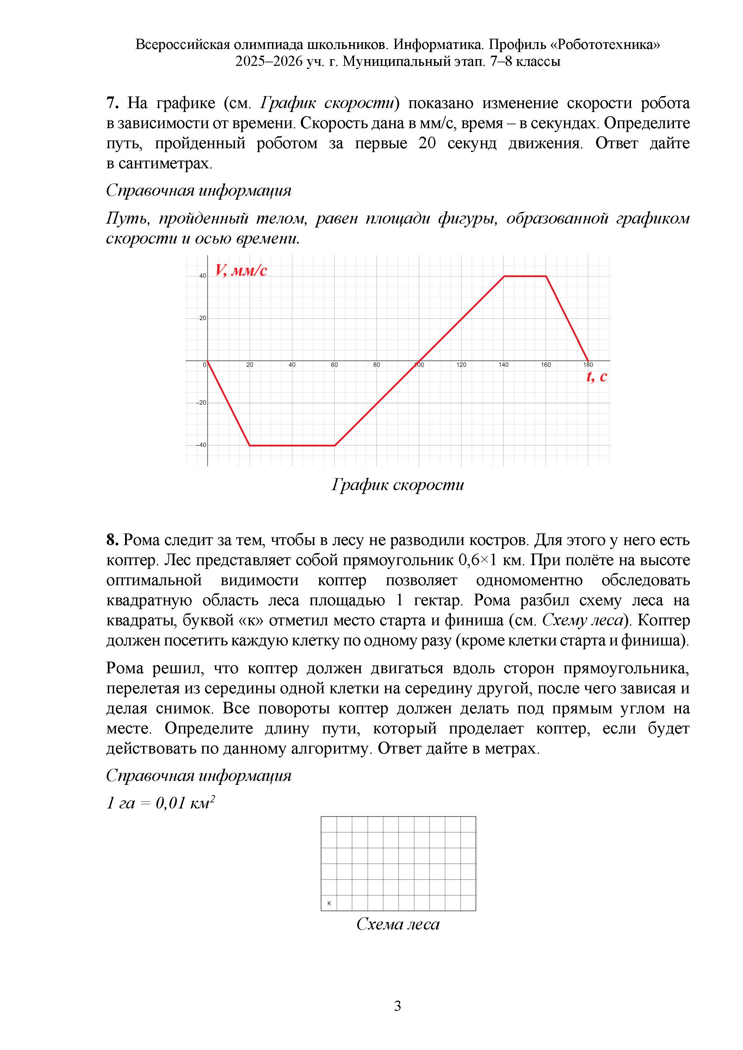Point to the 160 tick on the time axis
tap(546, 365)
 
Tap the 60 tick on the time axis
tap(334, 365)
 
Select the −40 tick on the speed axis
tap(201, 445)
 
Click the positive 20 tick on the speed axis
tap(203, 318)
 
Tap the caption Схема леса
tap(398, 924)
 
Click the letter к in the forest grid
tap(329, 903)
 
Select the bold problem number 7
tap(112, 104)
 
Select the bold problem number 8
tap(112, 540)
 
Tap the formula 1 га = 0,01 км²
tap(161, 802)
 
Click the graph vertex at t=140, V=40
tap(504, 276)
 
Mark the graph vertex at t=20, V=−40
tap(250, 445)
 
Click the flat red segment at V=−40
tap(292, 445)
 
